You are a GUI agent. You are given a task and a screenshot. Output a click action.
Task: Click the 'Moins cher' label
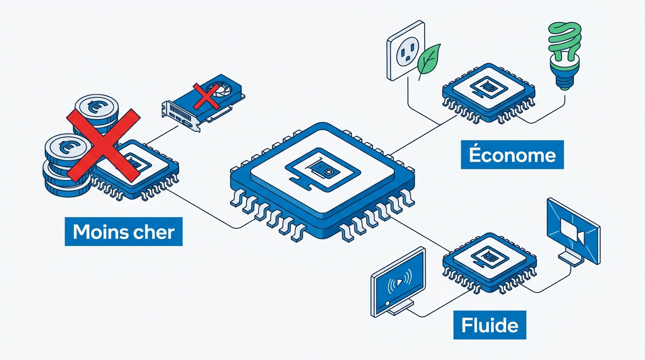point(124,232)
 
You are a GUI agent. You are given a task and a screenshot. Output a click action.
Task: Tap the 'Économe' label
point(512,155)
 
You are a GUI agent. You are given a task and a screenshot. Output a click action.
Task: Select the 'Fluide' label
point(490,325)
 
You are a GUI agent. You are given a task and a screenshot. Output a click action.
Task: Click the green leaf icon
point(428,61)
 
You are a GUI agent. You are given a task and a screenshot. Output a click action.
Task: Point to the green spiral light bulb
point(564,55)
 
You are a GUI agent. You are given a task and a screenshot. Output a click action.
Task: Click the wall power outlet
point(406,51)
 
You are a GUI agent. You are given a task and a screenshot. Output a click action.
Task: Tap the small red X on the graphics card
point(206,97)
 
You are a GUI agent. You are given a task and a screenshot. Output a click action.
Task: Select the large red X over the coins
point(104,145)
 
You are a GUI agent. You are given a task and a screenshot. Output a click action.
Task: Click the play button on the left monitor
point(400,282)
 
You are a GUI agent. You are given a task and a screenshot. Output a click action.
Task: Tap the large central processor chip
point(322,181)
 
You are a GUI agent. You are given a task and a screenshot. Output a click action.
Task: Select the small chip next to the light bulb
point(488,94)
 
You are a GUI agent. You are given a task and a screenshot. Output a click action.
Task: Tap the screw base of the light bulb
point(564,77)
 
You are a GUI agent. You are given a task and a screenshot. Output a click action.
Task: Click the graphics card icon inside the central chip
point(322,170)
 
